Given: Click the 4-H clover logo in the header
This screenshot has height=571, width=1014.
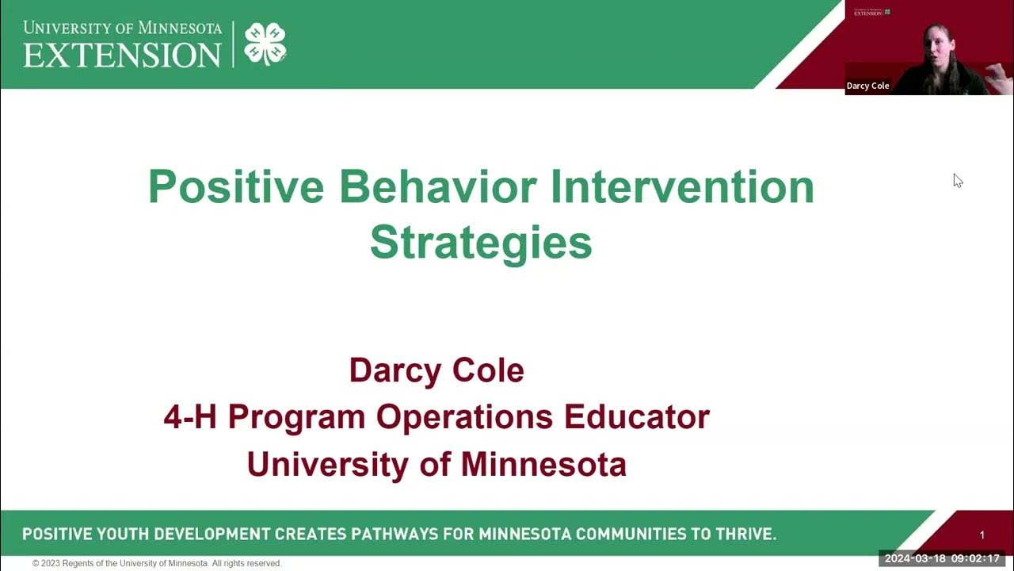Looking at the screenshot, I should pos(265,44).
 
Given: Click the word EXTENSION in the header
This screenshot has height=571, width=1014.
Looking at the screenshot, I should pos(122,55).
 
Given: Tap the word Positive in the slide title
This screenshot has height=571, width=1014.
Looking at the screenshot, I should pos(235,187).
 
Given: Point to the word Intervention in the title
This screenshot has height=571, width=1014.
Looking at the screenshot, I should pos(682,187).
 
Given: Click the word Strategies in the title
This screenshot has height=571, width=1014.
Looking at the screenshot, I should pos(481,243).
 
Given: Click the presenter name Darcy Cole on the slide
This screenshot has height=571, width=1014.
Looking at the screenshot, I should pos(436,370).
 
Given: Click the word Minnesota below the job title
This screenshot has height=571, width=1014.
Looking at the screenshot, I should pos(543,464).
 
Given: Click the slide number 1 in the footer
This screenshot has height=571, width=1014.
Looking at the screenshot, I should pos(982,535).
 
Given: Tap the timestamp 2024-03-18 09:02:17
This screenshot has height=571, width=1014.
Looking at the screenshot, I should pos(942,558).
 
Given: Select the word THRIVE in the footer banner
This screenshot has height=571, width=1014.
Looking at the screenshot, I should pos(743,534).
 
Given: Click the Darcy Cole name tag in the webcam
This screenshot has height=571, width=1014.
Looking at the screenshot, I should pos(868,86).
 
